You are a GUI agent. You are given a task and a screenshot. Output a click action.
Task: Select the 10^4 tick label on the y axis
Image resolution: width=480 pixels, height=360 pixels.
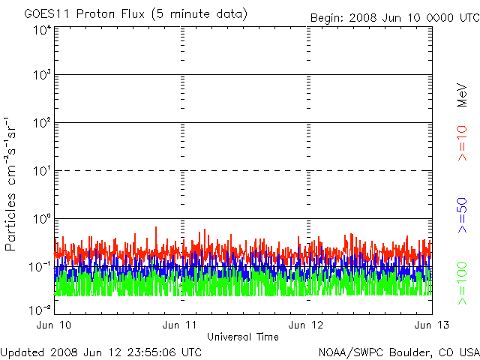pyautogui.click(x=43, y=30)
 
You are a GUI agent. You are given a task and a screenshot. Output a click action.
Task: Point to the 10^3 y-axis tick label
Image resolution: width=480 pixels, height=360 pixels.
pyautogui.click(x=43, y=74)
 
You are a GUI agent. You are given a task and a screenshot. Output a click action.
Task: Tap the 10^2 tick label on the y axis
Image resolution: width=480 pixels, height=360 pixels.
pyautogui.click(x=43, y=123)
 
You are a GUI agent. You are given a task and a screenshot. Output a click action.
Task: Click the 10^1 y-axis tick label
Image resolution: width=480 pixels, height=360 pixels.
pyautogui.click(x=43, y=170)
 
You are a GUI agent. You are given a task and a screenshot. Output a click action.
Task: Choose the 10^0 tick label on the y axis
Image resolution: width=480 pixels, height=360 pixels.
pyautogui.click(x=43, y=218)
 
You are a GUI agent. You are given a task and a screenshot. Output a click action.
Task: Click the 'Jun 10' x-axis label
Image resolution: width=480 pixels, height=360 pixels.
pyautogui.click(x=54, y=325)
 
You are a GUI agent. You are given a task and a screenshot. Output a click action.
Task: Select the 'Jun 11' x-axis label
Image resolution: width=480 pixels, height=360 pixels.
pyautogui.click(x=179, y=325)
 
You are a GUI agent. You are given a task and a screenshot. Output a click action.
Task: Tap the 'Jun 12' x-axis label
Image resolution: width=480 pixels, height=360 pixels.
pyautogui.click(x=306, y=325)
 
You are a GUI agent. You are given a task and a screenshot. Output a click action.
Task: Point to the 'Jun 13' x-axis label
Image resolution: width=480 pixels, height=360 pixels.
pyautogui.click(x=432, y=325)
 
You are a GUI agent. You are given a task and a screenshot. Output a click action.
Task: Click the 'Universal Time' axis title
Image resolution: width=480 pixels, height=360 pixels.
pyautogui.click(x=243, y=337)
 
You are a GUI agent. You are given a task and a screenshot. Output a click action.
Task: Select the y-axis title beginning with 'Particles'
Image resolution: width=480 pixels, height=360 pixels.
pyautogui.click(x=10, y=184)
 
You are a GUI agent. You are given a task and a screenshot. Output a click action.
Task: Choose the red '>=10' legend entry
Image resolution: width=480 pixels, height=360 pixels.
pyautogui.click(x=462, y=143)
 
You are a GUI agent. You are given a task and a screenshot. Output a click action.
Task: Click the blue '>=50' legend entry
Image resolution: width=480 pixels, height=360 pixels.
pyautogui.click(x=462, y=215)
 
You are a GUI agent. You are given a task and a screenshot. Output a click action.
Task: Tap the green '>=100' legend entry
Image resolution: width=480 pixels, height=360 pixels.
pyautogui.click(x=462, y=283)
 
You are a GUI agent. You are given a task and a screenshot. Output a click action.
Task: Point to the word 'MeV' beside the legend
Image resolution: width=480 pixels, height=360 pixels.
pyautogui.click(x=462, y=95)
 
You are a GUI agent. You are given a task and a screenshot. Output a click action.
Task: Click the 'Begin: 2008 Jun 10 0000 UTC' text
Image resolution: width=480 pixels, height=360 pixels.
pyautogui.click(x=395, y=18)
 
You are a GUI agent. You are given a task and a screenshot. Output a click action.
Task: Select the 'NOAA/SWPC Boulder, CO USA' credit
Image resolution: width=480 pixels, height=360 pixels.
pyautogui.click(x=399, y=352)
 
